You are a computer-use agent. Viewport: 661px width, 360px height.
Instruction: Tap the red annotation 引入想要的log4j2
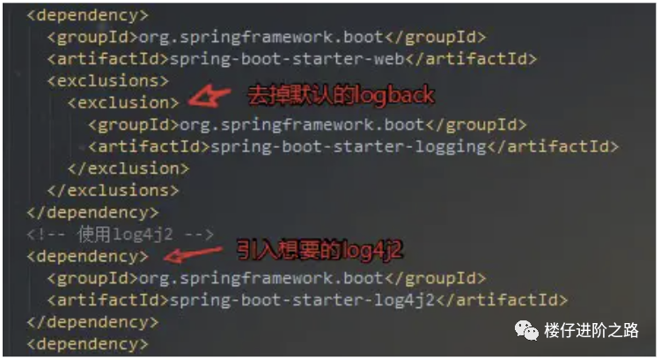pyautogui.click(x=320, y=251)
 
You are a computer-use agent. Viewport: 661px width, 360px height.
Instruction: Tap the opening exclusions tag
pyautogui.click(x=108, y=80)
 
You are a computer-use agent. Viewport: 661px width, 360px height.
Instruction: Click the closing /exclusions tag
pyautogui.click(x=114, y=189)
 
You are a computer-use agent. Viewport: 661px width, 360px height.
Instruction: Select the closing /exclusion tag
pyautogui.click(x=128, y=167)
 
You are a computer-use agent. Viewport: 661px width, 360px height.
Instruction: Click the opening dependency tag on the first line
pyautogui.click(x=88, y=15)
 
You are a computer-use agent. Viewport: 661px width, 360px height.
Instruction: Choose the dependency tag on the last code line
pyautogui.click(x=88, y=343)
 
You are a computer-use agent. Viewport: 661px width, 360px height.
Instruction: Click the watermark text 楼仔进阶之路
pyautogui.click(x=591, y=330)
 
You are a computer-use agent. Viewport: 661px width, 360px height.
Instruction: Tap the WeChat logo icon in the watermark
pyautogui.click(x=526, y=330)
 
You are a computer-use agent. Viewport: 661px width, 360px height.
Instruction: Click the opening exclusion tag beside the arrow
pyautogui.click(x=123, y=102)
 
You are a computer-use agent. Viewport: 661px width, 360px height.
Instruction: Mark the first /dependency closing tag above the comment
pyautogui.click(x=93, y=211)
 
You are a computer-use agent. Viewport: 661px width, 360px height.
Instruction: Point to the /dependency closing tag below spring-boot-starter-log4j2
pyautogui.click(x=93, y=321)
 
